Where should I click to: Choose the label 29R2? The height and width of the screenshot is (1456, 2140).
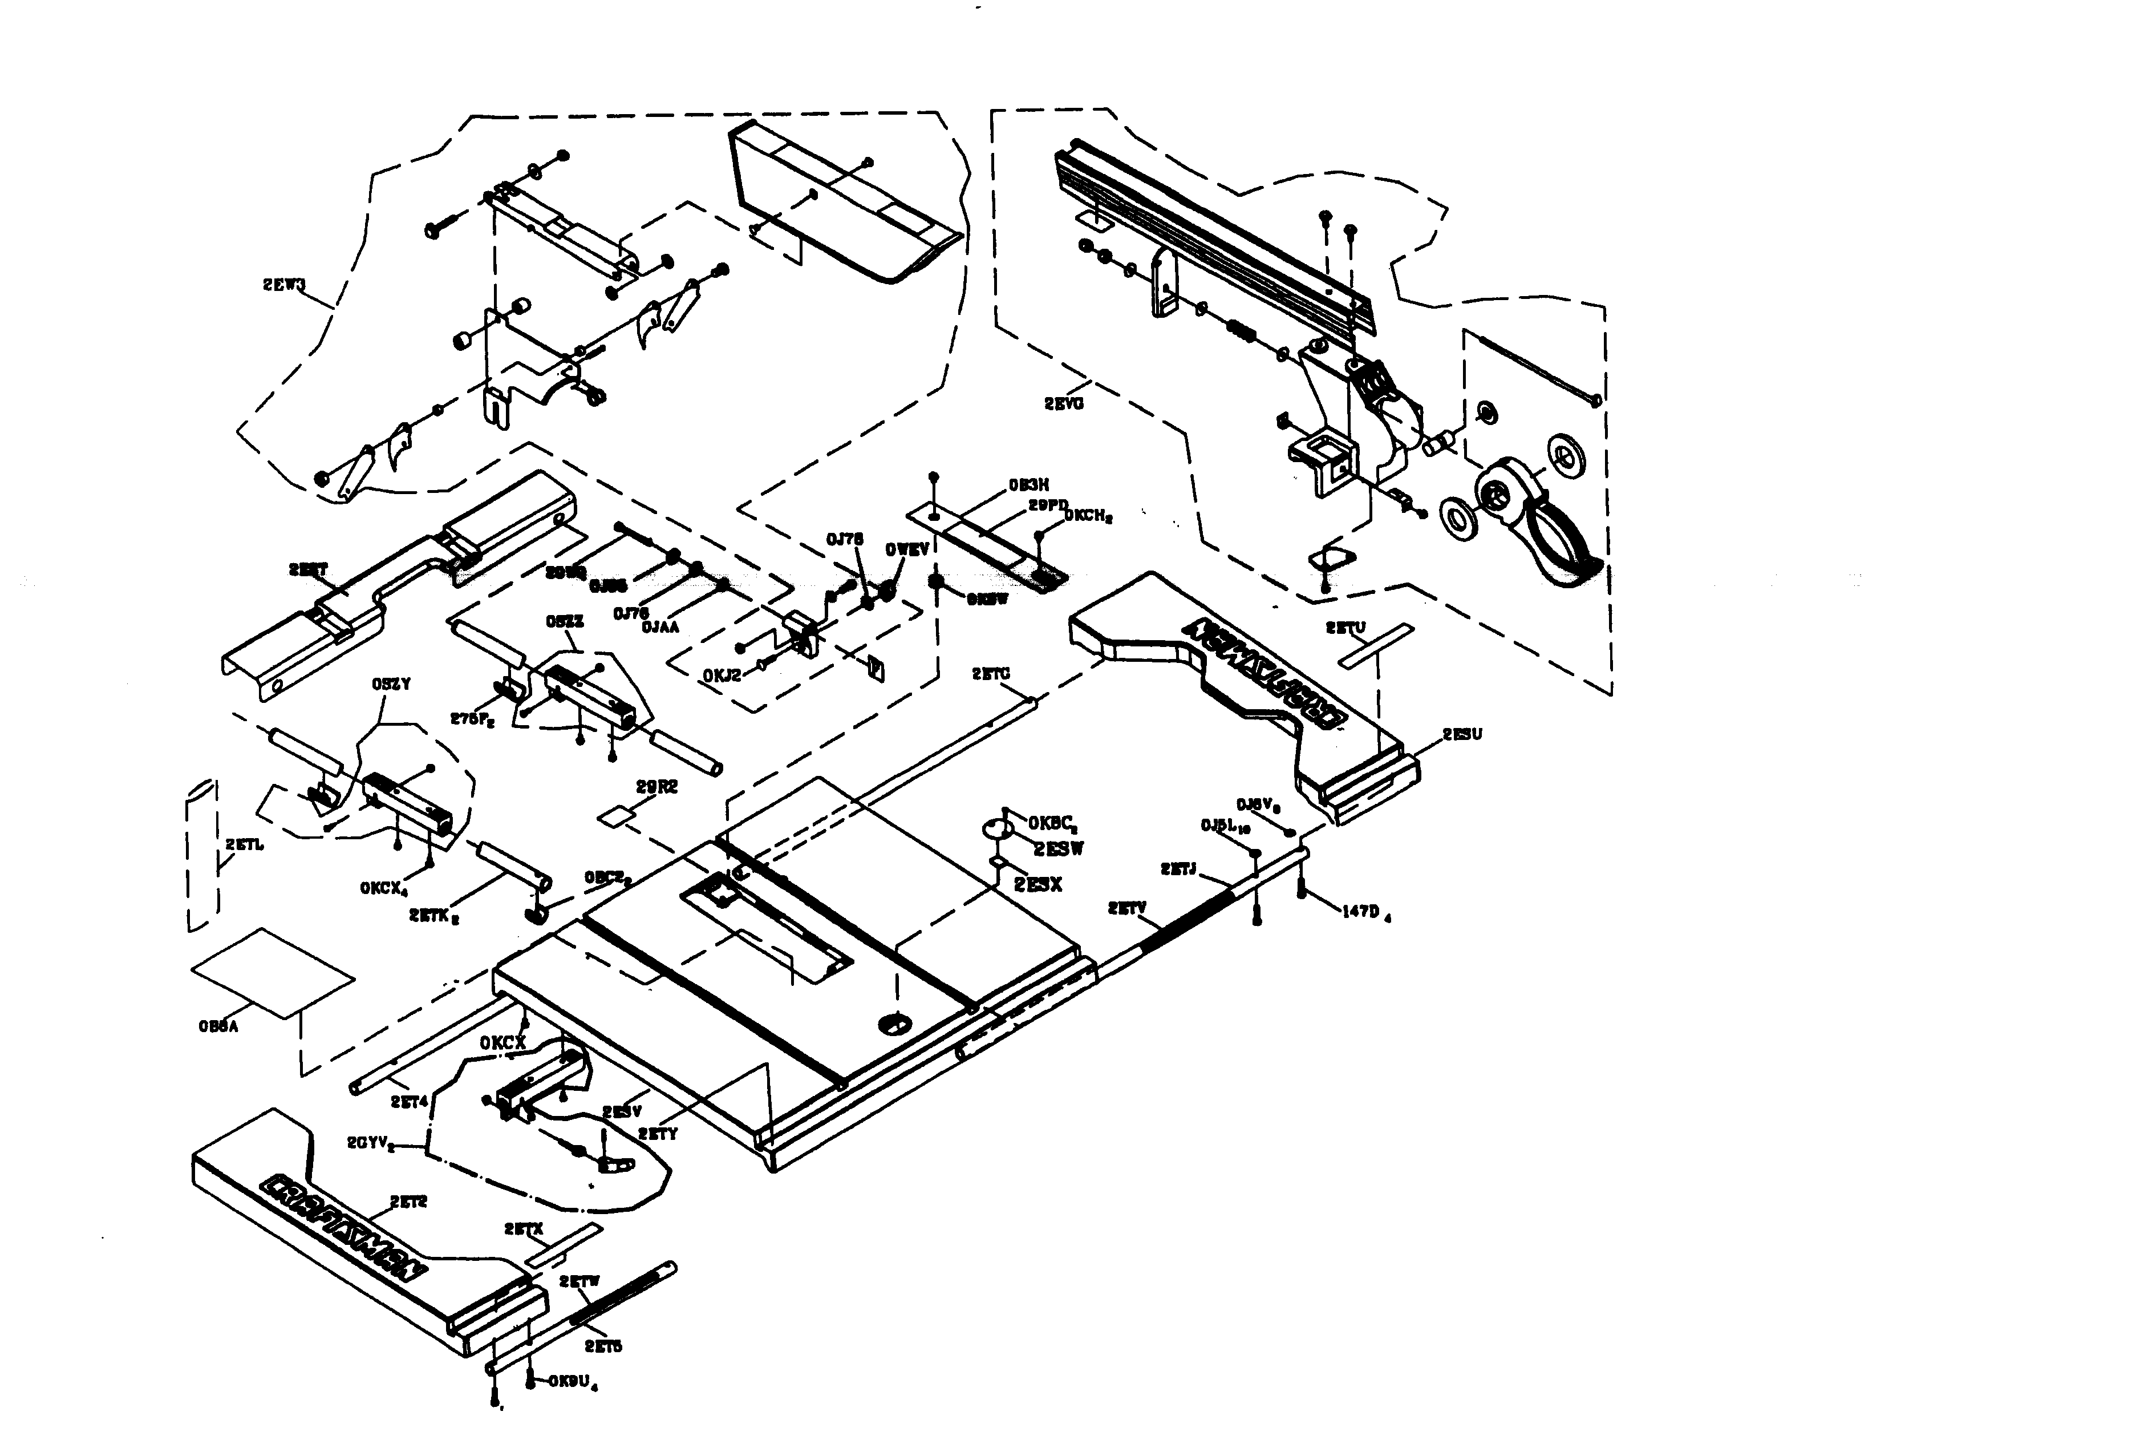pyautogui.click(x=656, y=786)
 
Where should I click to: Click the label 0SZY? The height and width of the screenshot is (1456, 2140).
pyautogui.click(x=391, y=684)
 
